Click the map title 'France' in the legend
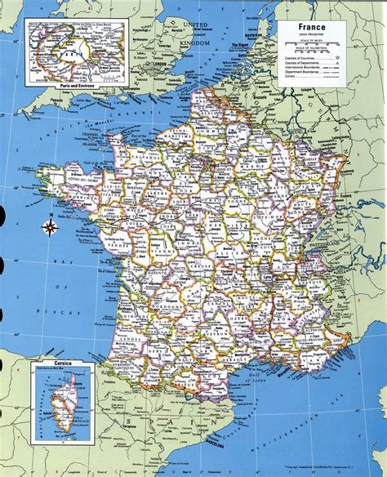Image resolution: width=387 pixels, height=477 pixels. tap(310, 27)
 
